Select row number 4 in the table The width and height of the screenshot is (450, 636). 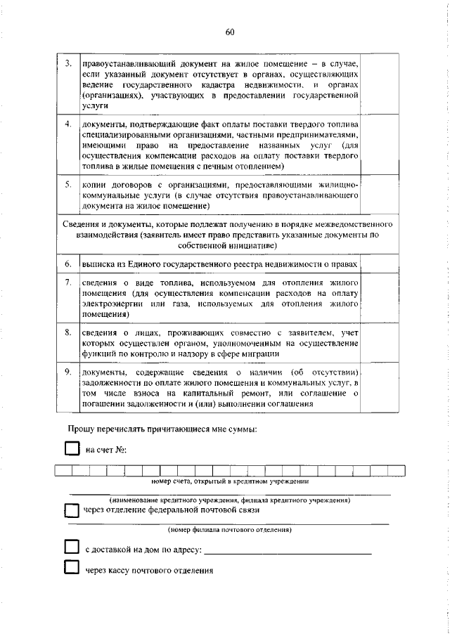coord(67,124)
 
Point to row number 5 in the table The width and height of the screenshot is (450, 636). coord(67,184)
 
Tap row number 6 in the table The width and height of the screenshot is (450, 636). coord(67,264)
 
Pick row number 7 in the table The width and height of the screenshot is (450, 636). coord(67,283)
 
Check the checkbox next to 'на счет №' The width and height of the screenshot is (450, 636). coord(71,448)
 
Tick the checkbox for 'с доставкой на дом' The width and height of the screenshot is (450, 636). coord(71,547)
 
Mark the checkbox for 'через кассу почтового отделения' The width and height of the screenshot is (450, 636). coord(71,569)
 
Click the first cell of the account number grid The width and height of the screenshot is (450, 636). coord(63,471)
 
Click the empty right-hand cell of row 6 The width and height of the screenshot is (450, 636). coord(384,264)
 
